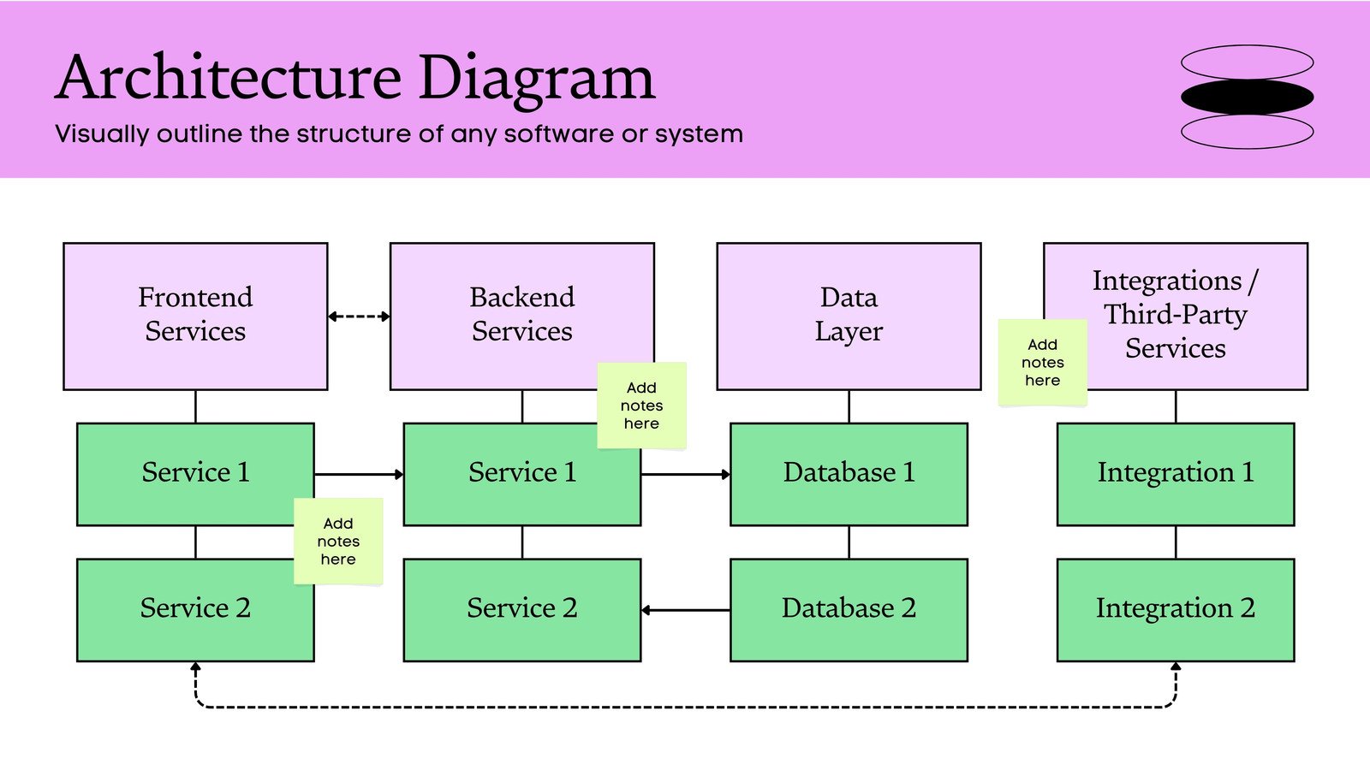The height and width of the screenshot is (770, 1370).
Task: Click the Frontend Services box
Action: click(x=195, y=316)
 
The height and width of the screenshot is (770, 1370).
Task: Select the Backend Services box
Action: click(x=514, y=316)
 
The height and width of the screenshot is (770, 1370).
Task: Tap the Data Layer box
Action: click(x=849, y=316)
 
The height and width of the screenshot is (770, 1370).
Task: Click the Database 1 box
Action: click(x=849, y=473)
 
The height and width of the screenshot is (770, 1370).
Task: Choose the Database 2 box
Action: click(x=849, y=609)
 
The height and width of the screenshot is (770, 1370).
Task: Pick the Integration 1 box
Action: click(x=1175, y=473)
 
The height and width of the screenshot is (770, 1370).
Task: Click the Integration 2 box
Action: click(x=1175, y=609)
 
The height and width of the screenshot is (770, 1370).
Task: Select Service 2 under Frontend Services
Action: click(x=195, y=609)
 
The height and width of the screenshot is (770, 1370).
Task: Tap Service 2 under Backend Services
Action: click(x=521, y=609)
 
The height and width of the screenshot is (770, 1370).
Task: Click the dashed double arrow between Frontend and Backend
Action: click(x=359, y=317)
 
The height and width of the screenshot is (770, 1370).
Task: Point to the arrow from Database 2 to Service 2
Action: click(x=686, y=610)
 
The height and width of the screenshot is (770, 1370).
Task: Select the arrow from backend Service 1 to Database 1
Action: click(x=686, y=474)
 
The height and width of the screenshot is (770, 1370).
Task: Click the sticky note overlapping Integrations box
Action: click(x=1042, y=363)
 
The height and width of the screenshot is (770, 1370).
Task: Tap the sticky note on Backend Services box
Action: click(x=641, y=406)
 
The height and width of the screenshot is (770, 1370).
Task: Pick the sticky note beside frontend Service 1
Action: click(x=338, y=541)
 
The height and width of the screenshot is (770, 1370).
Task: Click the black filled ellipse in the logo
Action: click(x=1247, y=97)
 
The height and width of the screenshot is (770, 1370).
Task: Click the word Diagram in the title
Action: click(x=536, y=79)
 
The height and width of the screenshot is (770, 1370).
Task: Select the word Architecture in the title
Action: click(x=229, y=79)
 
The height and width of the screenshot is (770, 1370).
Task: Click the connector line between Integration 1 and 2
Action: click(x=1176, y=542)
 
